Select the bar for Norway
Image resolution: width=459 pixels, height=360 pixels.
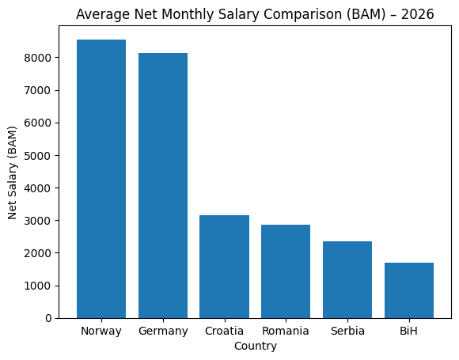pyautogui.click(x=101, y=179)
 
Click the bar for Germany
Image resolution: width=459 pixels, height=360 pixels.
pyautogui.click(x=163, y=186)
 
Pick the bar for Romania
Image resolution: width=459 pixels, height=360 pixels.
pyautogui.click(x=286, y=271)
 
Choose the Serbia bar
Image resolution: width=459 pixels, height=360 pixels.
pyautogui.click(x=347, y=279)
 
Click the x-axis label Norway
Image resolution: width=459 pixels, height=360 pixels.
pyautogui.click(x=101, y=331)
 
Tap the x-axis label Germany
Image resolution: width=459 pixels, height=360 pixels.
pyautogui.click(x=163, y=331)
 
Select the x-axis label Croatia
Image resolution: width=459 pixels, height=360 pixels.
pyautogui.click(x=224, y=331)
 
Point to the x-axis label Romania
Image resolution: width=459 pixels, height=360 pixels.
pyautogui.click(x=286, y=331)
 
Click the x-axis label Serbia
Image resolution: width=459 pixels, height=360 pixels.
pyautogui.click(x=347, y=331)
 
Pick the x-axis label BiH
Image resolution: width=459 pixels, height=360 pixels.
pyautogui.click(x=409, y=331)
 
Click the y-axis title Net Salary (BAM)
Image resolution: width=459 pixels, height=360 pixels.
pyautogui.click(x=13, y=172)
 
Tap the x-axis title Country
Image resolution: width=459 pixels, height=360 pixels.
pyautogui.click(x=255, y=347)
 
